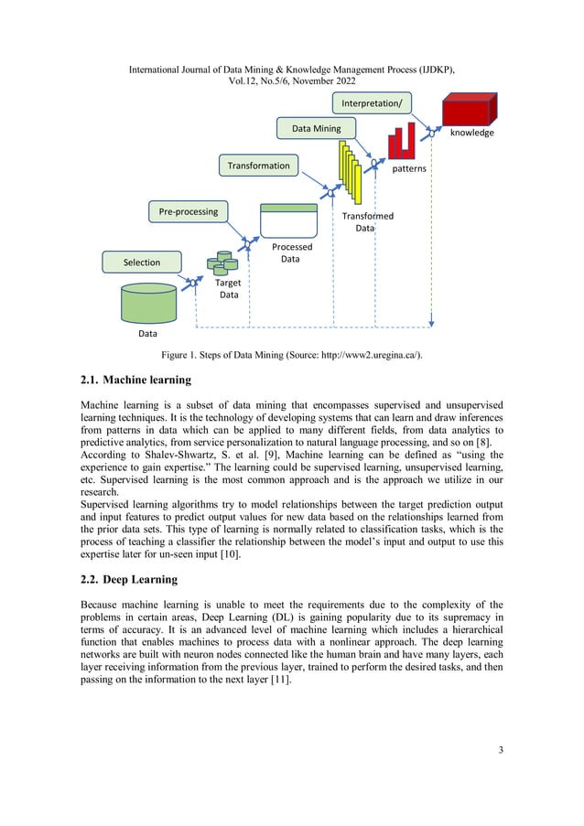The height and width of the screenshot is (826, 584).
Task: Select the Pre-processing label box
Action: point(189,211)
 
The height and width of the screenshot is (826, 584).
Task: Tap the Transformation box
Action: point(259,166)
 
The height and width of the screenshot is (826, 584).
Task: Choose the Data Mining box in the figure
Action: point(316,129)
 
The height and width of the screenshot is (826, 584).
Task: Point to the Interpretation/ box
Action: point(373,103)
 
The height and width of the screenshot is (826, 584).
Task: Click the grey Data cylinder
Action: point(148,304)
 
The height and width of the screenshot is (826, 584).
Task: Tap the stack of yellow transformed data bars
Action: point(350,175)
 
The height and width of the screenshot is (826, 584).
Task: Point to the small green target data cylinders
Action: point(222,263)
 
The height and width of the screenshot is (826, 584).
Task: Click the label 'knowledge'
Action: point(471,134)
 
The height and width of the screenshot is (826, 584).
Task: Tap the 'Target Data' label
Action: point(228,289)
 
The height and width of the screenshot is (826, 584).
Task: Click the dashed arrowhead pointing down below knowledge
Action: point(431,321)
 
